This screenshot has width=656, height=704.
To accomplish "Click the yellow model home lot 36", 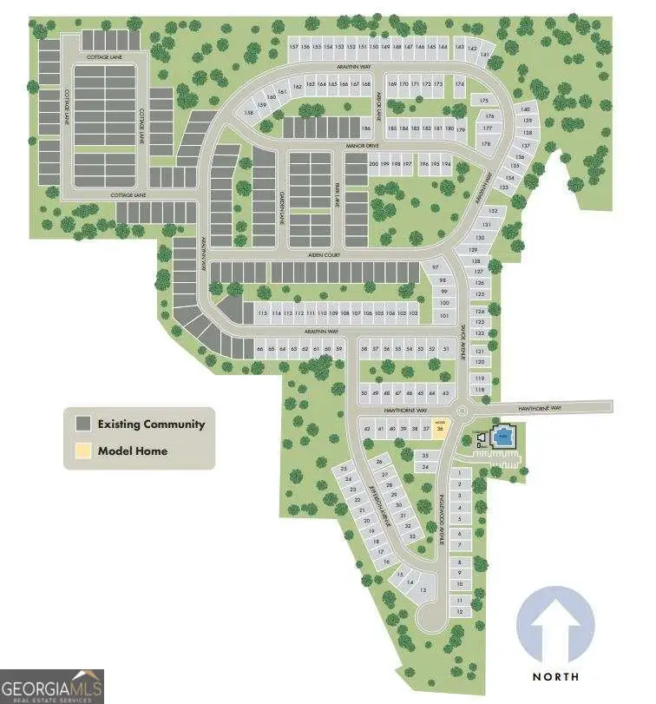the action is point(441,428).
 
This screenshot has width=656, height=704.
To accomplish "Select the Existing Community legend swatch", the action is point(83,424).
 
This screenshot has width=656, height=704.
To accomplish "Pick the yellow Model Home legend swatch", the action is point(83,451).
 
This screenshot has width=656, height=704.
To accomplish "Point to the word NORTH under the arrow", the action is point(556,675).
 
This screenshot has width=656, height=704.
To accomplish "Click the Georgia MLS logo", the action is point(52,686).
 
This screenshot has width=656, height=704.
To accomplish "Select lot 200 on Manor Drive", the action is point(374,164).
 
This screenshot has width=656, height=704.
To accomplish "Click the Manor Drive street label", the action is point(363,146).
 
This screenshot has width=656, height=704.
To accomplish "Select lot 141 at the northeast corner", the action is point(485,55).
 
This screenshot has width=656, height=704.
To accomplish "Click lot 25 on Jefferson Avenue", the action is point(344,469).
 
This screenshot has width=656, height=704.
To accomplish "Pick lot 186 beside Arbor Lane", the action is point(366,128).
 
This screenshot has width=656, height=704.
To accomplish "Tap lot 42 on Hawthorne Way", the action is point(368,429).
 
